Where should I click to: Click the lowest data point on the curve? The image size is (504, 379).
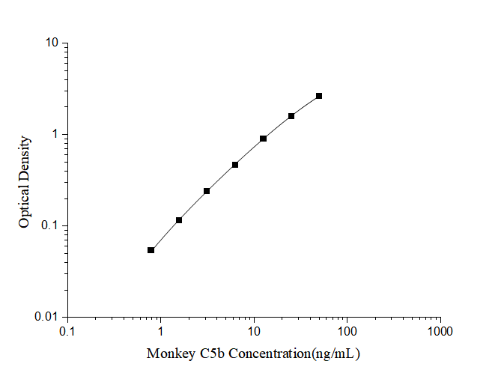pos(151,250)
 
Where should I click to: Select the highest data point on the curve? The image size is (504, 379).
pos(319,96)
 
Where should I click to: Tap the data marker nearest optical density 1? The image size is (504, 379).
pos(263,139)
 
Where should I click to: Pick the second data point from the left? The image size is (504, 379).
pos(179,220)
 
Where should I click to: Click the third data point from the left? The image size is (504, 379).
pos(207,191)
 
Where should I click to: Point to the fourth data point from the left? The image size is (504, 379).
pos(235,165)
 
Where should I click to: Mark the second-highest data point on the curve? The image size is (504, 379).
pos(291,116)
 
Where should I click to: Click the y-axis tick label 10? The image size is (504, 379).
pos(52,43)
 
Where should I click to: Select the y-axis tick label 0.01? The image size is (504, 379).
pos(47,318)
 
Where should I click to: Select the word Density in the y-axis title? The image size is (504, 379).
pos(25,159)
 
